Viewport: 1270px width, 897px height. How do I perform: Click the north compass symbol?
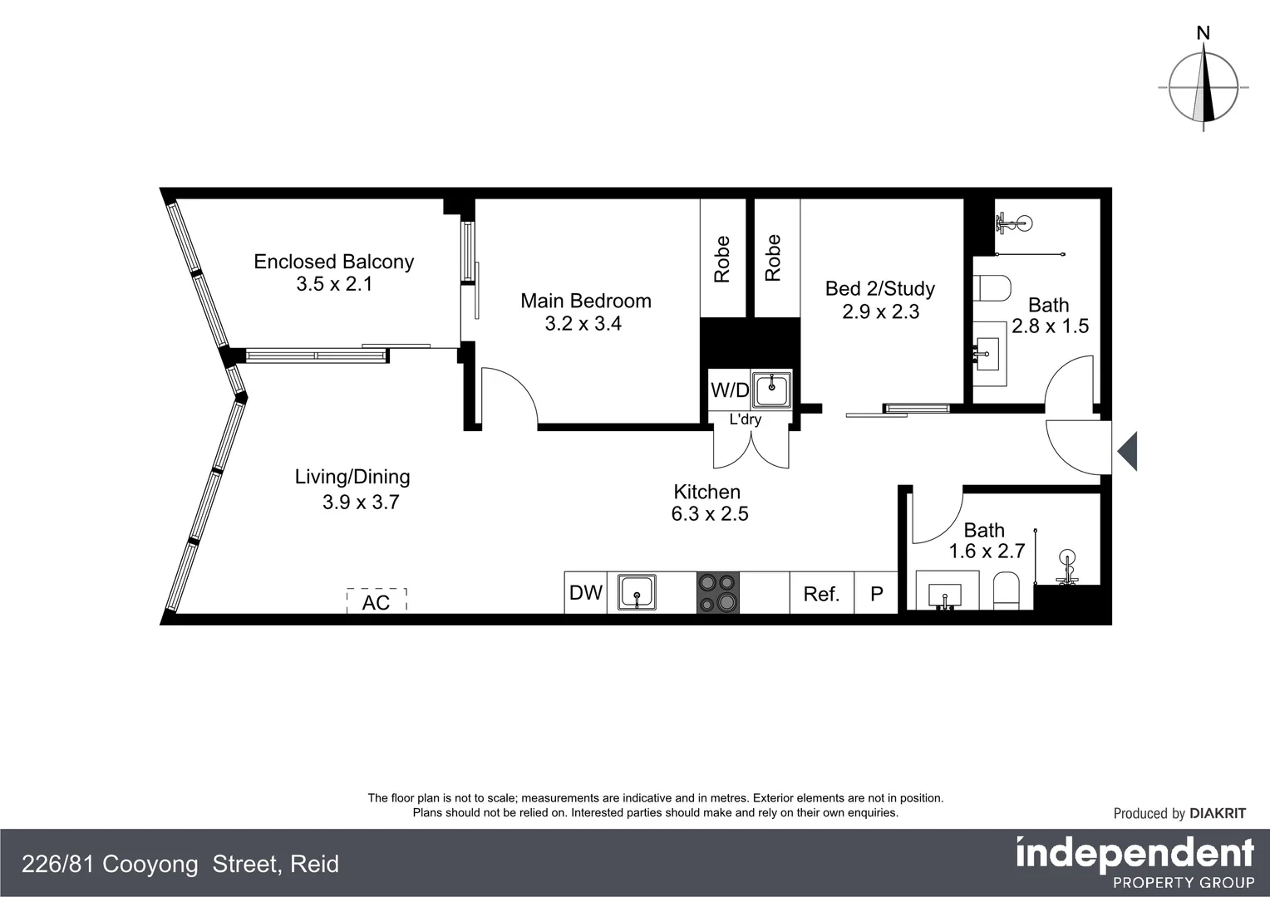pos(1204,86)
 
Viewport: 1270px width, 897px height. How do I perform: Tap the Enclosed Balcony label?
pos(333,262)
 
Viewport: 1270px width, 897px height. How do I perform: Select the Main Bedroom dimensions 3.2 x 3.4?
pos(583,324)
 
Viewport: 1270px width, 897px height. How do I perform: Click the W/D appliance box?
pos(730,390)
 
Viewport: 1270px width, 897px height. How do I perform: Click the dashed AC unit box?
pos(377,600)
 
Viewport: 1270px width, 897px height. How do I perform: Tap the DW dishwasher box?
pos(586,593)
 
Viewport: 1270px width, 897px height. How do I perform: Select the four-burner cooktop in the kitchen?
pos(717,593)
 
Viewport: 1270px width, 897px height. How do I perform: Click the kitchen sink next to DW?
pos(637,593)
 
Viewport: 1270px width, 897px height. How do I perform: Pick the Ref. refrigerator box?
pos(821,594)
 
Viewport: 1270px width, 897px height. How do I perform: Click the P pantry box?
pos(876,594)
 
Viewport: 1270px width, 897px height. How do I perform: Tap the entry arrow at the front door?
pos(1127,453)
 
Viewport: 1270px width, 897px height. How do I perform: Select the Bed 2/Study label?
pos(880,288)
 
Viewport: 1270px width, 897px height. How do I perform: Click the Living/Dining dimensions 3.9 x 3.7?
pos(361,502)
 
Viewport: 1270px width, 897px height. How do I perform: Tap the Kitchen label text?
pos(706,492)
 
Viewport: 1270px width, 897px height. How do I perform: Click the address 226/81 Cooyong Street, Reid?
pos(180,865)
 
